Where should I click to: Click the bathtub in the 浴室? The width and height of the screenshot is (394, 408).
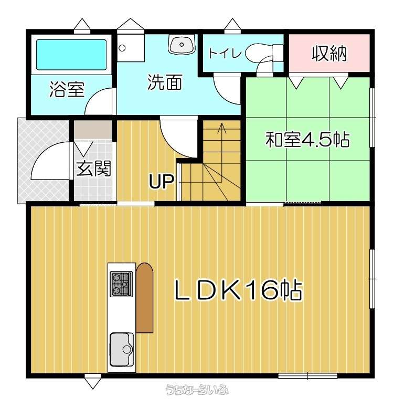click(71, 55)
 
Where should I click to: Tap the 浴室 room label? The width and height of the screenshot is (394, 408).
click(67, 89)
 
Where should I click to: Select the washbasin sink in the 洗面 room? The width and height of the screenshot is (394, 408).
click(182, 44)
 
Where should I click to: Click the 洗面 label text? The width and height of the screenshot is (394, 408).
click(164, 82)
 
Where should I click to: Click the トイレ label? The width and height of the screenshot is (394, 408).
click(225, 53)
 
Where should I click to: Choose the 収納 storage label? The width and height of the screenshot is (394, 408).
click(329, 54)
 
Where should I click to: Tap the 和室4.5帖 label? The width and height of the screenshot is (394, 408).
click(307, 140)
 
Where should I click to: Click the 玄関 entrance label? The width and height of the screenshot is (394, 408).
click(93, 169)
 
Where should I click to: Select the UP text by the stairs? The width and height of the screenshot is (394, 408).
click(161, 181)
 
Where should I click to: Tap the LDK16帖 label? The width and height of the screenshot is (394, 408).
click(238, 290)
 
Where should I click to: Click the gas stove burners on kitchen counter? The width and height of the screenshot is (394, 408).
click(121, 284)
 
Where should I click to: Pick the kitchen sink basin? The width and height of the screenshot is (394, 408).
click(121, 349)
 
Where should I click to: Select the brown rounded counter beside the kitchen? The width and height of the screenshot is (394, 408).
click(144, 297)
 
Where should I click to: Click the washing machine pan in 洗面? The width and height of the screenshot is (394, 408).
click(131, 48)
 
